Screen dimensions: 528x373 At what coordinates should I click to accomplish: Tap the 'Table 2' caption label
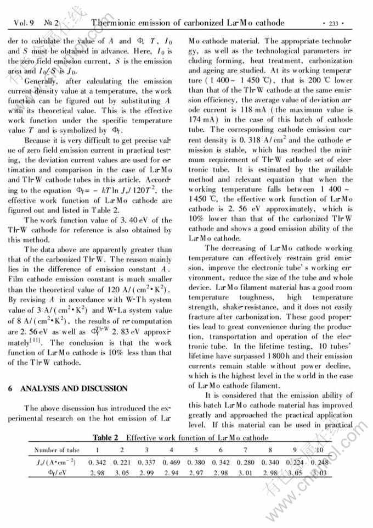tap(106, 438)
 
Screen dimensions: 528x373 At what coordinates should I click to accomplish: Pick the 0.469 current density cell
tap(174, 462)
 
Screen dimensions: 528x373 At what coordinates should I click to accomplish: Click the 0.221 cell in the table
tap(125, 462)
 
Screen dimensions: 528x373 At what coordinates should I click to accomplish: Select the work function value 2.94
tap(174, 473)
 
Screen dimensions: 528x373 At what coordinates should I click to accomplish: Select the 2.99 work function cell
tap(149, 473)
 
